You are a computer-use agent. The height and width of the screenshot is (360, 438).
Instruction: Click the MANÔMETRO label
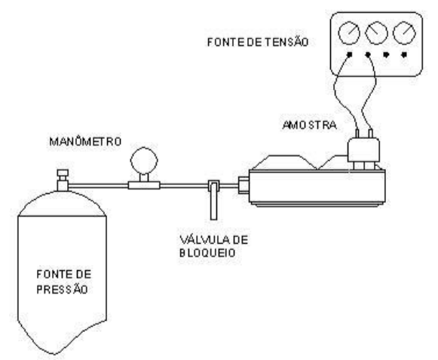click(x=85, y=141)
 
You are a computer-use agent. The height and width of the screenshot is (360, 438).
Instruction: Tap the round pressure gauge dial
click(x=144, y=161)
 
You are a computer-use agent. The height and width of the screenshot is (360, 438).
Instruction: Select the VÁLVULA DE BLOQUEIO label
click(x=213, y=247)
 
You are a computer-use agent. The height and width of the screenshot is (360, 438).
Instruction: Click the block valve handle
click(x=213, y=201)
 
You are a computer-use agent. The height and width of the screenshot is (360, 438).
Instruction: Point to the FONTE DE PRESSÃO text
click(x=64, y=282)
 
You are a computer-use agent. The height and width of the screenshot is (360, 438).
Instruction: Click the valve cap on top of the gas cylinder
click(x=63, y=173)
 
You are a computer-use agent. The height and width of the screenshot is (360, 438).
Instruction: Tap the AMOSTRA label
click(x=310, y=125)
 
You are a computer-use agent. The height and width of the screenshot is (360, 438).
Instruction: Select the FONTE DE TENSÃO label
click(x=258, y=42)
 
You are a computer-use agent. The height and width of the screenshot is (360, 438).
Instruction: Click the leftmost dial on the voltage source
click(x=349, y=33)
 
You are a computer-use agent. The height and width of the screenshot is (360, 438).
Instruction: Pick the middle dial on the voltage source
click(x=377, y=33)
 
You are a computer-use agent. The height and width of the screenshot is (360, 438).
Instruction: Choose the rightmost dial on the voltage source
click(x=404, y=33)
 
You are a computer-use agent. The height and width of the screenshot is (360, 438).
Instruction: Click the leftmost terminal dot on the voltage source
click(x=350, y=54)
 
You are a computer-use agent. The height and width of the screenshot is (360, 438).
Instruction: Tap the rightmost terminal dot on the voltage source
click(x=404, y=54)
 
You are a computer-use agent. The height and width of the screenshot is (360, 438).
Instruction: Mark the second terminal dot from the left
click(x=368, y=54)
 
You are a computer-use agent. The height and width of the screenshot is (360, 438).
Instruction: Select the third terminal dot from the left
click(x=386, y=54)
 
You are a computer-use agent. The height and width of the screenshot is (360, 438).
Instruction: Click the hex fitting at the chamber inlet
click(x=244, y=185)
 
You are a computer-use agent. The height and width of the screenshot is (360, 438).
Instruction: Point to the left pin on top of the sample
click(x=357, y=134)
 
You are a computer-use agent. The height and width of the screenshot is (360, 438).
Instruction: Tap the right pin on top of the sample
click(x=371, y=134)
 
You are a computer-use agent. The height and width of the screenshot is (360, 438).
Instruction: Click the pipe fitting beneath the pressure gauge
click(x=144, y=185)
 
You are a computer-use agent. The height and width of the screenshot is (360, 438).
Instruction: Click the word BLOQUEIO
click(x=207, y=253)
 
